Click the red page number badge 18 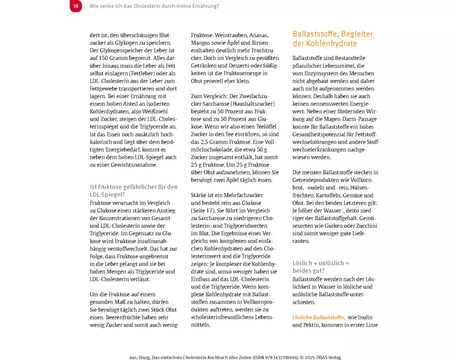coord(76,6)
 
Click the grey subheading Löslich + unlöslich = coord(321,263)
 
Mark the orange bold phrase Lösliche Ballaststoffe coord(319,317)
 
